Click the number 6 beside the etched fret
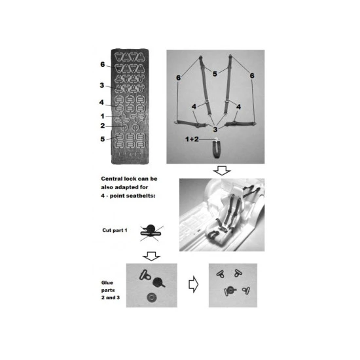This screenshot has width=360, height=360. coord(102,65)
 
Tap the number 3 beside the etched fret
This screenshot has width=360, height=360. coord(102,85)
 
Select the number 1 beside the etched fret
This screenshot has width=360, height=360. coord(102,116)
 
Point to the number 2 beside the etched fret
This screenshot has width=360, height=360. coord(102,126)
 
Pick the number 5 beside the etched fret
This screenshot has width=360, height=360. coord(102,139)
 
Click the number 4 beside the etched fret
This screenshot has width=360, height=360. coord(101,102)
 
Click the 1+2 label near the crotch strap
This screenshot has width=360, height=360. coord(192,139)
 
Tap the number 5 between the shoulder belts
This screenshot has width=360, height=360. coord(215,74)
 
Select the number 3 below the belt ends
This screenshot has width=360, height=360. coord(215,130)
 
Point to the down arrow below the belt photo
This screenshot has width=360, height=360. coord(222,171)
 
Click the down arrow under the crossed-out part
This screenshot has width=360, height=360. coord(151,256)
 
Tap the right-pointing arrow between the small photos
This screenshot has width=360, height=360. coord(193,284)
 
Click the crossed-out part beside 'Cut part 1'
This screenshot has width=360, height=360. coord(151,232)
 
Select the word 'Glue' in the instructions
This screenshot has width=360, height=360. coord(107,283)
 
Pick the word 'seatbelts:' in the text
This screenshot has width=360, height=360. coord(144,196)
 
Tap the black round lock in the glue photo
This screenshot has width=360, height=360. coord(158,282)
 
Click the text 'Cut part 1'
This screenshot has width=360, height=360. coord(115,230)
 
